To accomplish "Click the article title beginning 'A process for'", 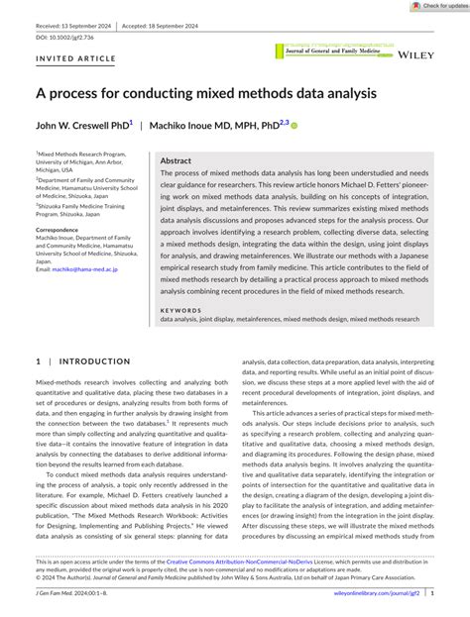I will [x=206, y=94].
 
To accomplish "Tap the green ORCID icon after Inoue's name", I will [x=294, y=126].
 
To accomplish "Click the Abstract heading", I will [x=176, y=160].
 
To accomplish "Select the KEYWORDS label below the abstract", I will [x=181, y=309].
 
